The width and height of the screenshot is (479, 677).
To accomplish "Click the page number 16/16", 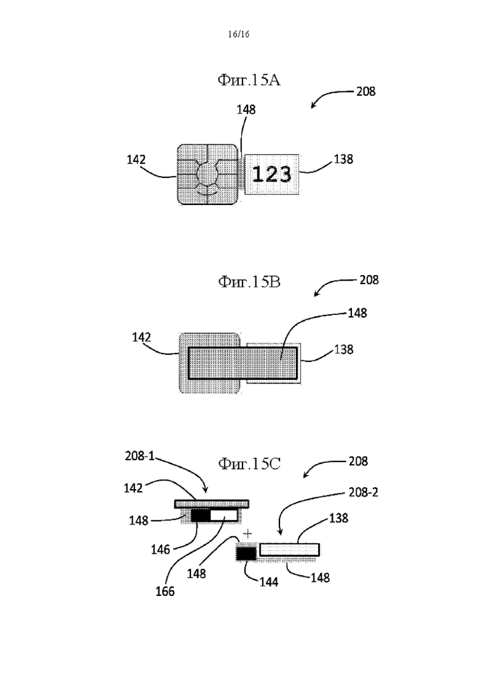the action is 238,34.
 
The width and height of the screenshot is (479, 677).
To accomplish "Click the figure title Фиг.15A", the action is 249,80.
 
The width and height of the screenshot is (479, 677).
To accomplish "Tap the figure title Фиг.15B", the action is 249,282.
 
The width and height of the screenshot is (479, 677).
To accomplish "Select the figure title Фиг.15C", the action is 249,463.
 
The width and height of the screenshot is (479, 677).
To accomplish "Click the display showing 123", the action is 272,174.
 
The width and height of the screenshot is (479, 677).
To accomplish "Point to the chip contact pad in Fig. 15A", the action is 208,174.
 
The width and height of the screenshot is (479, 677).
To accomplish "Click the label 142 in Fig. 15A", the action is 136,160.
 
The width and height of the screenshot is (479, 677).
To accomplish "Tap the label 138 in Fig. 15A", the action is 343,160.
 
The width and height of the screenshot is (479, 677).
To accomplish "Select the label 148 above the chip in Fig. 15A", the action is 246,110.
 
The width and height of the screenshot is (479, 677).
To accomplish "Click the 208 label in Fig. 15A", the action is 366,91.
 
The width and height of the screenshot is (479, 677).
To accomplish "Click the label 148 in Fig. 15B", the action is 357,313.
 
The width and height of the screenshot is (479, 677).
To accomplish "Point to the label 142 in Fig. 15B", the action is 141,337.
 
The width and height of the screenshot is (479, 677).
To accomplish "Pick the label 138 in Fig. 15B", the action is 343,349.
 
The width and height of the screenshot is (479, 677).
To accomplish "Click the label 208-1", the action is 139,456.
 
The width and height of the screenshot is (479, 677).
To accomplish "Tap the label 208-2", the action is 364,492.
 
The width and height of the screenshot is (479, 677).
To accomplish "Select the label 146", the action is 160,549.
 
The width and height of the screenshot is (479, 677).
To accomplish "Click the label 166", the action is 165,591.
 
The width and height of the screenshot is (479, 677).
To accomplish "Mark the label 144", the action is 268,582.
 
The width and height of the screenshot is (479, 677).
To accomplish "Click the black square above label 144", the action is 246,554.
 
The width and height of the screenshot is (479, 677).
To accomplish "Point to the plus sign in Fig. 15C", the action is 247,534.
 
